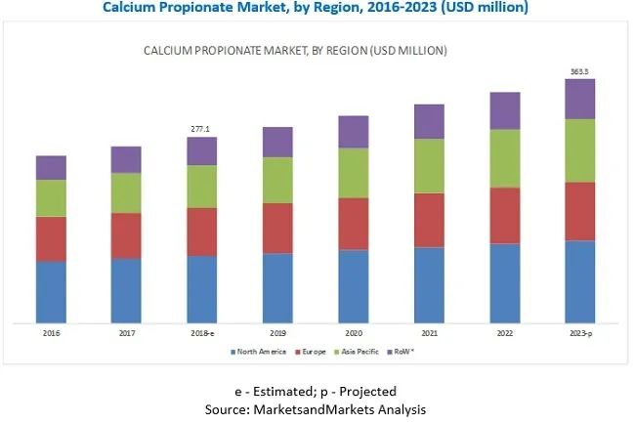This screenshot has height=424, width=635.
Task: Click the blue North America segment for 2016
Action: pyautogui.click(x=51, y=291)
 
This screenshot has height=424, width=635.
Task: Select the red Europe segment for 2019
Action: pyautogui.click(x=277, y=229)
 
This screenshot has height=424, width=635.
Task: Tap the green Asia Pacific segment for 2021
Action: pyautogui.click(x=429, y=165)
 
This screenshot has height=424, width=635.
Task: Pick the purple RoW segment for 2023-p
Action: pyautogui.click(x=580, y=99)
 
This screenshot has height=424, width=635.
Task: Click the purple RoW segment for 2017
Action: pyautogui.click(x=126, y=159)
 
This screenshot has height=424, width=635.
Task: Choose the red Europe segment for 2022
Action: pyautogui.click(x=504, y=215)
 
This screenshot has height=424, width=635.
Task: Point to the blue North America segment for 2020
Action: pyautogui.click(x=354, y=285)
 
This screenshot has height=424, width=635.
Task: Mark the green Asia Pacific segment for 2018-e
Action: pyautogui.click(x=202, y=186)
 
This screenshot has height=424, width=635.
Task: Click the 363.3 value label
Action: pyautogui.click(x=580, y=71)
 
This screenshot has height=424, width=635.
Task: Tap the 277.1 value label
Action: pyautogui.click(x=202, y=129)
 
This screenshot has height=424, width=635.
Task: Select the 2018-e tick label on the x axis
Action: pyautogui.click(x=202, y=334)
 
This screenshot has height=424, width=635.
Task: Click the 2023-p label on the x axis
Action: pyautogui.click(x=580, y=334)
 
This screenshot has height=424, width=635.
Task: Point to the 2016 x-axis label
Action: pyautogui.click(x=51, y=334)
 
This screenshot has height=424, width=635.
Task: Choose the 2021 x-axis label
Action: pyautogui.click(x=429, y=334)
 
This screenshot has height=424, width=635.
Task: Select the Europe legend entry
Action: pyautogui.click(x=313, y=351)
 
